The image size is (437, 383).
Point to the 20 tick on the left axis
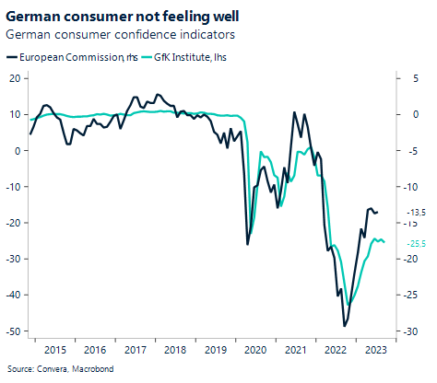pos(15,78)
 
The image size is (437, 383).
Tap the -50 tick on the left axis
pos(13,331)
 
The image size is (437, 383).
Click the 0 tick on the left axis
pos(18,151)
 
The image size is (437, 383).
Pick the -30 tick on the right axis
pos(415,331)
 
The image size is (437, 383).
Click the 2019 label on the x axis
pos(215,350)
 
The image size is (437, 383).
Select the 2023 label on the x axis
pos(376,350)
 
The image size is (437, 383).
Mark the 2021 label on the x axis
pos(296,350)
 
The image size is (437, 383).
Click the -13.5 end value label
pos(416,212)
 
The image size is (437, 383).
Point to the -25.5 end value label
pos(416,243)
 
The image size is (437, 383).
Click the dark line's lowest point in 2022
pos(345,326)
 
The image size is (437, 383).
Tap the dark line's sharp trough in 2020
pos(247,244)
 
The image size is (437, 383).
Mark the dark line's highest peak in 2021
pos(294,112)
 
